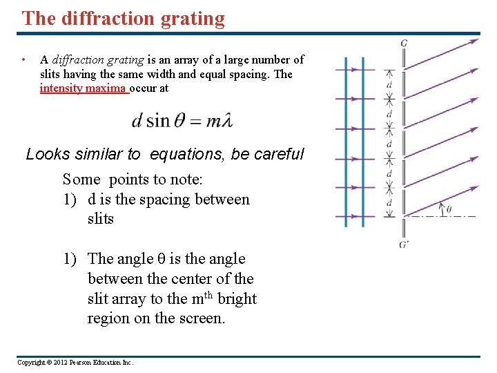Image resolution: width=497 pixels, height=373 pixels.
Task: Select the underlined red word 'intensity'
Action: coord(61,88)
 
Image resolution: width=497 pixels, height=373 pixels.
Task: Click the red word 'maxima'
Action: coord(106,88)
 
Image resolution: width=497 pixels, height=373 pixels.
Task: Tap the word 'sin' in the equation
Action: coord(157,120)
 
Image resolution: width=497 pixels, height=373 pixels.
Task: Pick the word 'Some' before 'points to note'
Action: coord(81,180)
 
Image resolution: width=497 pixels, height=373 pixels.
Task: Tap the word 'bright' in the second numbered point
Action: coord(236,299)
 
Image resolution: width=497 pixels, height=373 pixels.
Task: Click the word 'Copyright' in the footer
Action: coord(30,363)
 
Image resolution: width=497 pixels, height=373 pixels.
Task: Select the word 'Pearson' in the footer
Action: coord(84,363)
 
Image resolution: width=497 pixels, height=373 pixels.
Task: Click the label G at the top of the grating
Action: coord(403,43)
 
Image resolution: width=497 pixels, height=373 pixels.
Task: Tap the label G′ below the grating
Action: coord(404,244)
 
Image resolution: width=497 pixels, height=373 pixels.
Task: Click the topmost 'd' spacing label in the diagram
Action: coord(389,84)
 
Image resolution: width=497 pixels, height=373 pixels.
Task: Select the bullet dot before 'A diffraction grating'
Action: coord(23,60)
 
